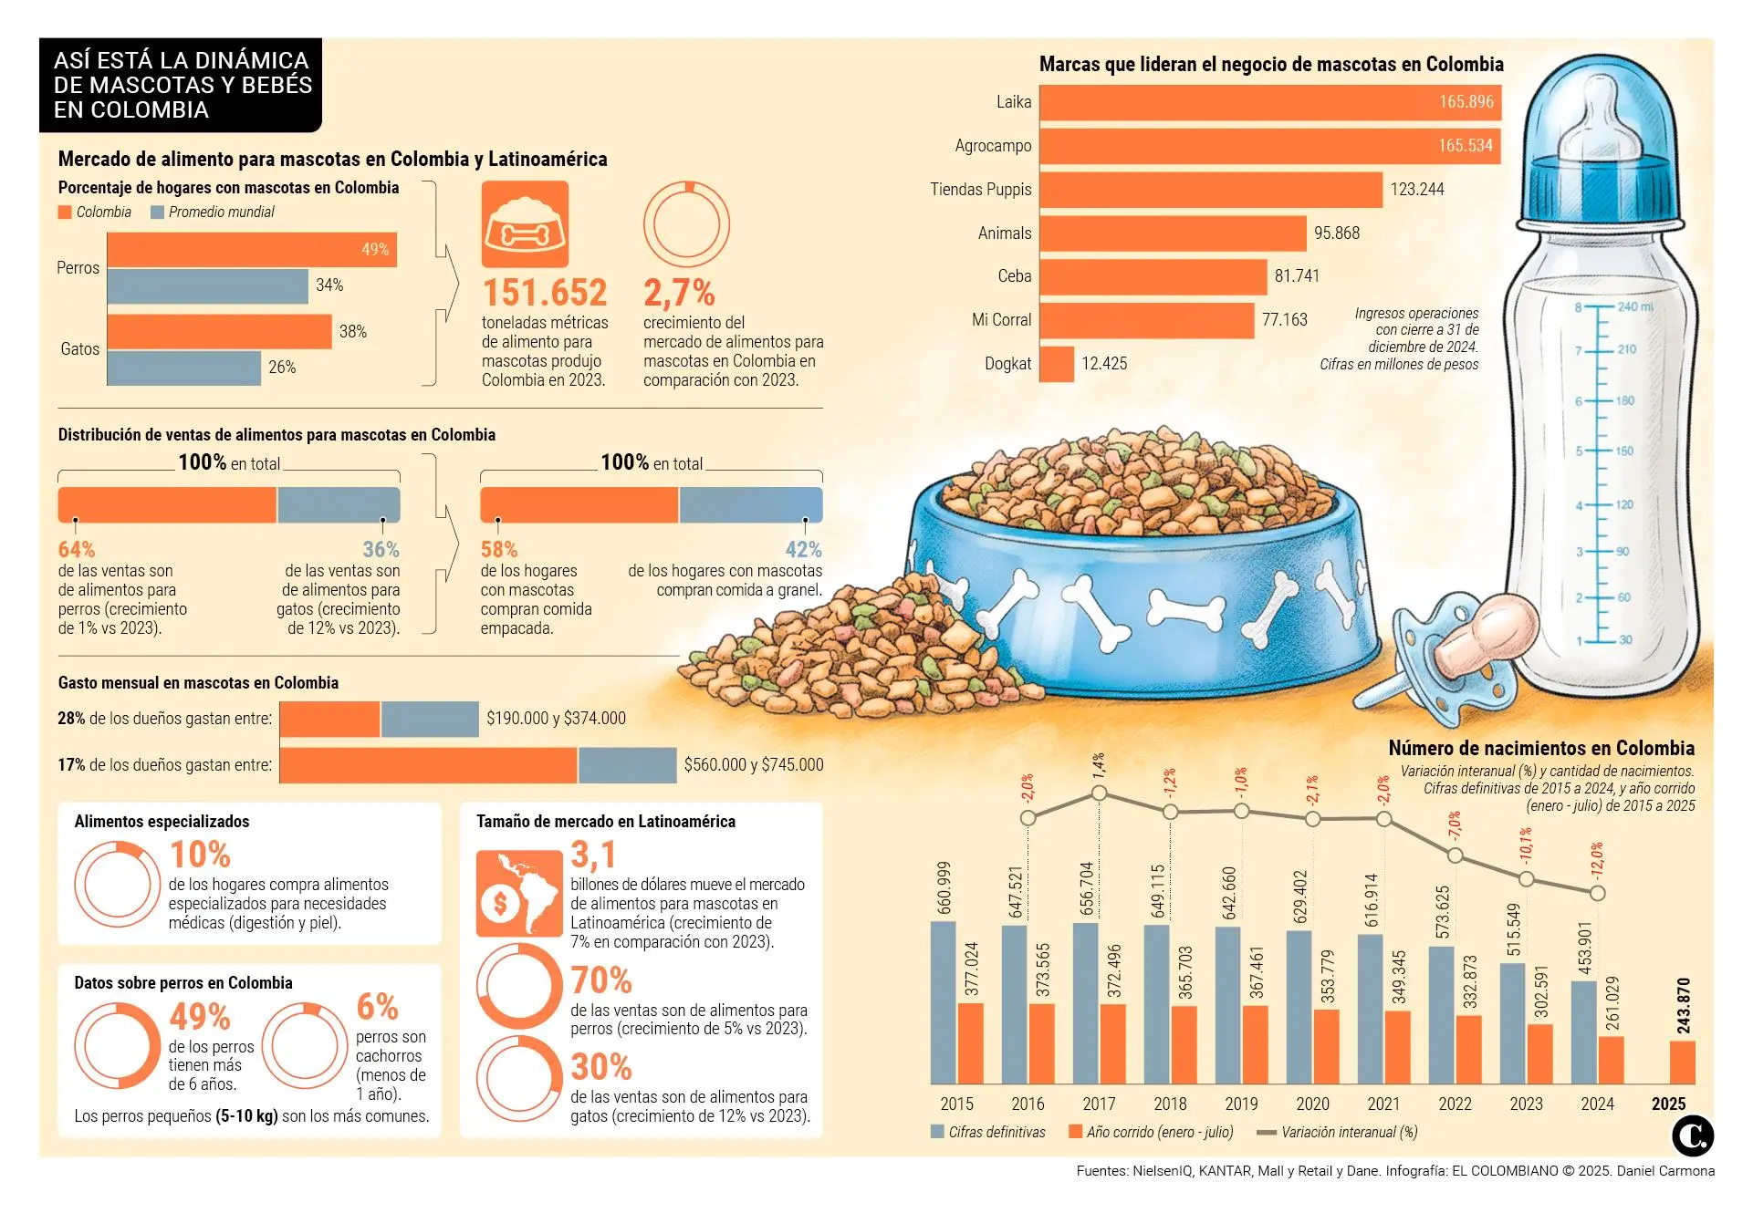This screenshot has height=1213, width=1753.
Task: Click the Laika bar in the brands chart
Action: point(1269,102)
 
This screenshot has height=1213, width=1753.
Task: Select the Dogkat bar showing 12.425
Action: point(1057,364)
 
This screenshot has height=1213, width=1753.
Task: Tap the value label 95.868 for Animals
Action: point(1336,233)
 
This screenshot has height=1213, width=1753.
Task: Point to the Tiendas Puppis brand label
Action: point(980,190)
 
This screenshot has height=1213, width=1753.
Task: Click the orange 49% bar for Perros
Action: point(251,250)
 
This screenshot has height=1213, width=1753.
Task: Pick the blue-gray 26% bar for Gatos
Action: point(183,368)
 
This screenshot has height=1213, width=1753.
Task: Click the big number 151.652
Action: point(545,293)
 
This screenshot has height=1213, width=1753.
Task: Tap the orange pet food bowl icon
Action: point(525,224)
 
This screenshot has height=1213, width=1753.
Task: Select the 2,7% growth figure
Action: point(679,293)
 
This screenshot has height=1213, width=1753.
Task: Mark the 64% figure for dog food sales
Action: point(77,550)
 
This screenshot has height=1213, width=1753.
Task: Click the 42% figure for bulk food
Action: point(803,550)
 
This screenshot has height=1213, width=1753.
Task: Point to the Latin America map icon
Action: point(519,894)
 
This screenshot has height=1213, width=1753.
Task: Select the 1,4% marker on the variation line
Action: point(1099,793)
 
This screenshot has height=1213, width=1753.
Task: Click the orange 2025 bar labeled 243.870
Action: point(1682,1062)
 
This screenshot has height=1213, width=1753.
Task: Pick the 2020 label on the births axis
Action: point(1312,1104)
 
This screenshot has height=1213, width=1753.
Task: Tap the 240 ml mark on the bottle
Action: point(1633,306)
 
